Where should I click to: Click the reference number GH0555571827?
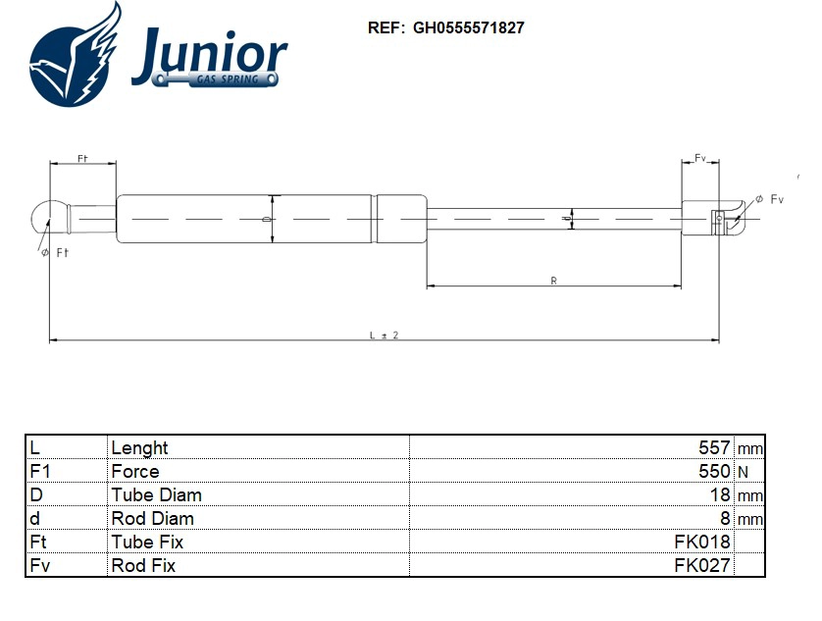tap(469, 28)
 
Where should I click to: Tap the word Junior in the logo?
tap(209, 51)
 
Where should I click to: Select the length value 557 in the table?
tap(714, 447)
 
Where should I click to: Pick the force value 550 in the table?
tap(714, 471)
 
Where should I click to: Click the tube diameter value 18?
tap(721, 494)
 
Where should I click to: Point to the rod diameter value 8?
tap(726, 518)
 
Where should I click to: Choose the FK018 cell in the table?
tap(702, 542)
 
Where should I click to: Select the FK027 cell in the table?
tap(702, 565)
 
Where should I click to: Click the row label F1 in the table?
tap(41, 471)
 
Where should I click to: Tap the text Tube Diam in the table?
tap(157, 494)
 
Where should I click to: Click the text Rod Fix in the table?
tap(144, 565)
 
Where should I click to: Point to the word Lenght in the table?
tap(139, 447)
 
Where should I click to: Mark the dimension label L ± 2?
tap(384, 335)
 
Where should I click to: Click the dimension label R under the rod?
tap(553, 281)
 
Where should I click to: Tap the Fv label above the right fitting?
tap(700, 158)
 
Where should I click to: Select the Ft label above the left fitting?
tap(82, 158)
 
